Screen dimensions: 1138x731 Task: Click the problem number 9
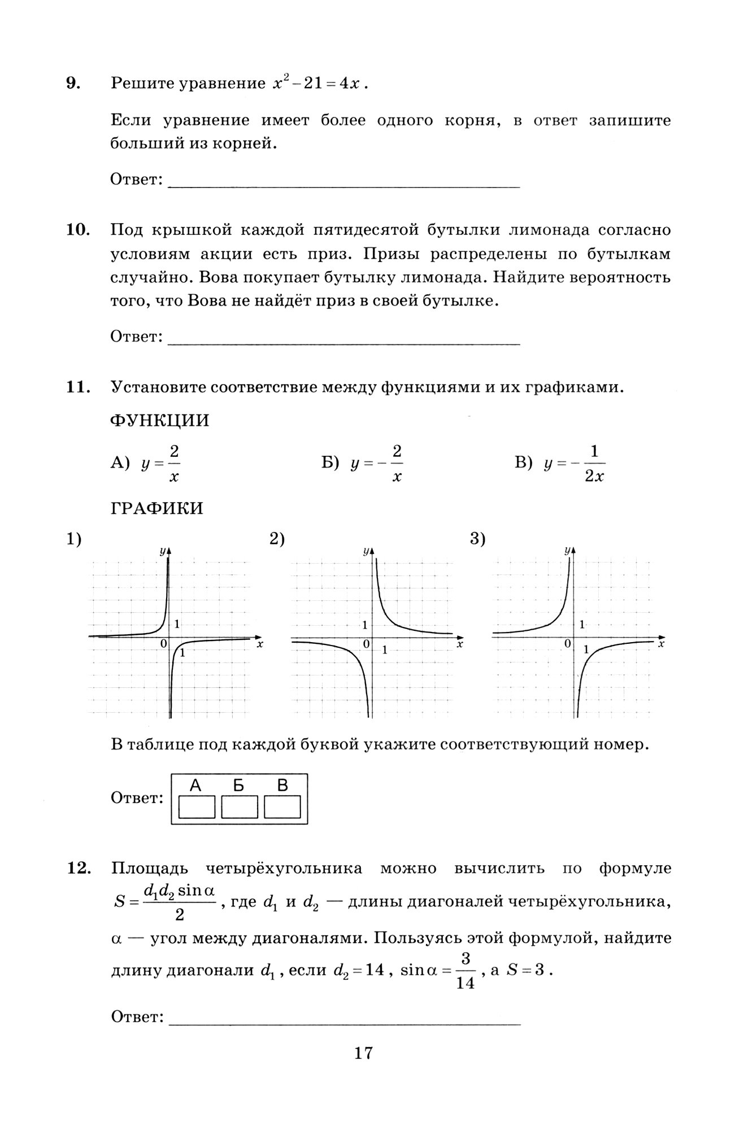click(73, 84)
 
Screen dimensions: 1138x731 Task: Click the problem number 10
click(78, 230)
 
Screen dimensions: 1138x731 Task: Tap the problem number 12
click(78, 868)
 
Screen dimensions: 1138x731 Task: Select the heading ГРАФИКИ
click(156, 508)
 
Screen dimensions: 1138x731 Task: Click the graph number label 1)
click(75, 539)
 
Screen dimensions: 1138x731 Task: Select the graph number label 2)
click(277, 539)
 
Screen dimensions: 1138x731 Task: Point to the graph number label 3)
click(478, 539)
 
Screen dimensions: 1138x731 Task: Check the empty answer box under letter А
click(197, 807)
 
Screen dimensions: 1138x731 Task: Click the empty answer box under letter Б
click(239, 807)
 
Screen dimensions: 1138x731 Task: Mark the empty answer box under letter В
click(282, 807)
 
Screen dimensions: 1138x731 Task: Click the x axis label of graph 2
click(460, 644)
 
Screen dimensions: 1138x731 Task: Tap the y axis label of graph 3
click(566, 550)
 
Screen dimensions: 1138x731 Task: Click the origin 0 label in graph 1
click(164, 643)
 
